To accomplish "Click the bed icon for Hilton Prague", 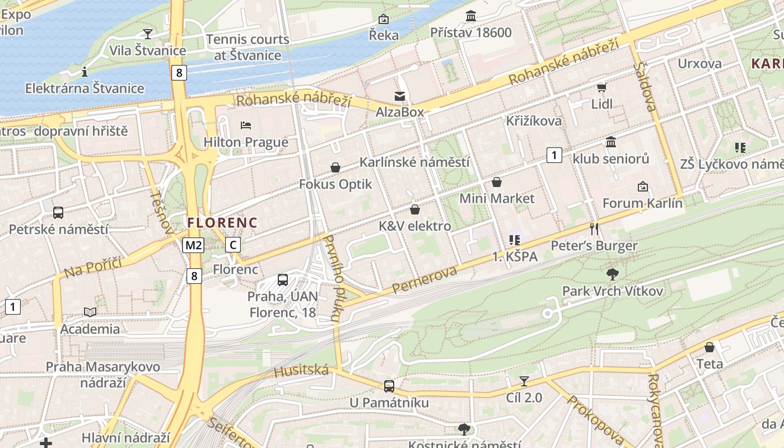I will [x=245, y=125].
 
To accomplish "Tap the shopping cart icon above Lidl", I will [x=601, y=87].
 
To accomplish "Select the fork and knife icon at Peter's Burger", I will [x=594, y=228].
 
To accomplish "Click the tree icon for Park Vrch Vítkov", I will [x=612, y=274].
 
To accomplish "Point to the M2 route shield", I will [x=193, y=245].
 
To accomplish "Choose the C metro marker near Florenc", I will [x=233, y=245].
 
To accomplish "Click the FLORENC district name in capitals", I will [x=222, y=222].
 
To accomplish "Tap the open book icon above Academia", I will [x=90, y=312].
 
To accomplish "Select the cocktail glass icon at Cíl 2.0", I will [x=524, y=381].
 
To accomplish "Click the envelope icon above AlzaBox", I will [x=400, y=96].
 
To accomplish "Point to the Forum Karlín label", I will [x=642, y=203].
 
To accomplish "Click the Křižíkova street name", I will [x=533, y=121].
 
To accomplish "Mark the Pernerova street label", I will [x=424, y=280].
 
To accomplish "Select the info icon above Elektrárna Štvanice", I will [x=85, y=72].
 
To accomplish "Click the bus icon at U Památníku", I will [x=389, y=386].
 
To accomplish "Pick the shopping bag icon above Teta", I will [x=709, y=347].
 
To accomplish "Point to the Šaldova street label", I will [x=647, y=87].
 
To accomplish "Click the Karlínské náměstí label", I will [x=414, y=162].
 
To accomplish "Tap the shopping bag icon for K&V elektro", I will [x=415, y=209].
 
